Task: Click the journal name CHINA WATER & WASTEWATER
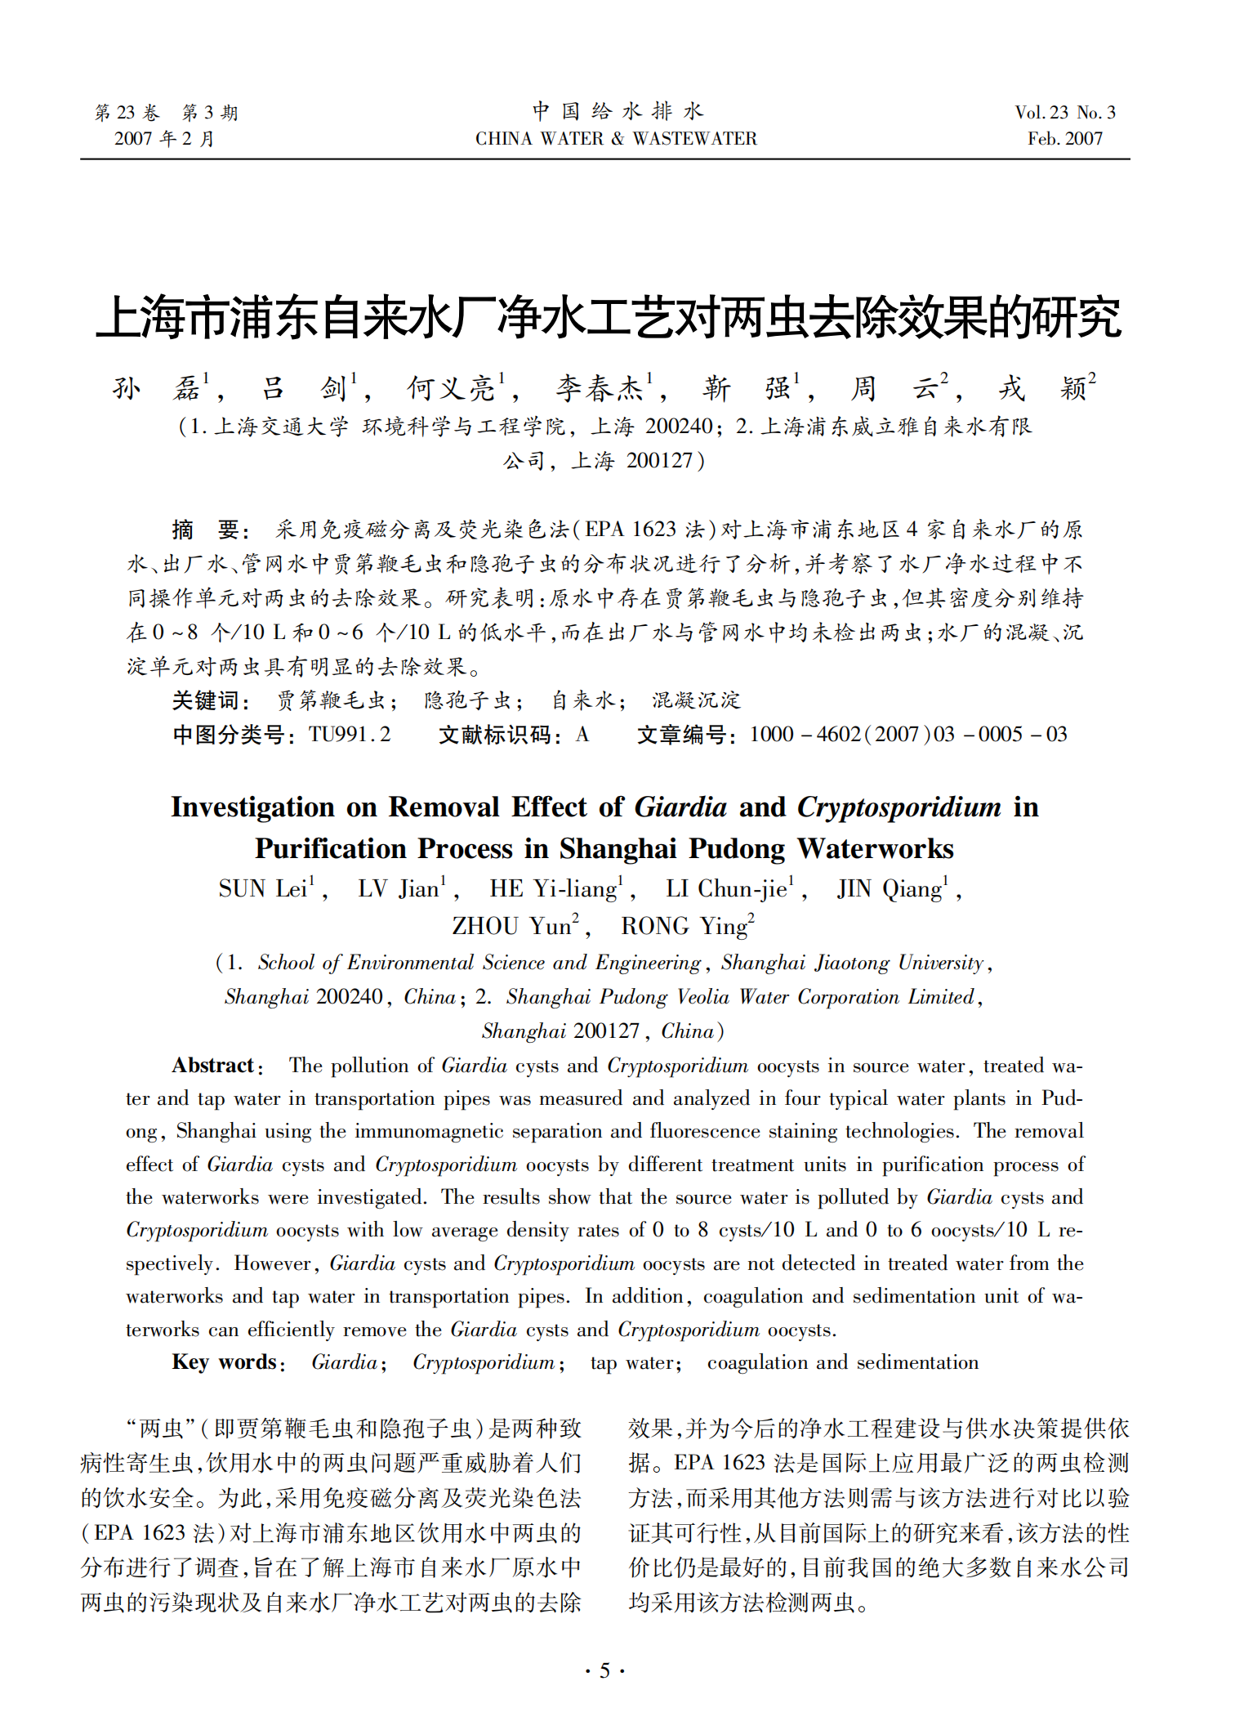point(616,139)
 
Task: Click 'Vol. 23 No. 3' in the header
point(1064,113)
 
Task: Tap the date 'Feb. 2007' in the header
point(1064,139)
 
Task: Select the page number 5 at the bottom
point(604,1670)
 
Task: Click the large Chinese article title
point(609,317)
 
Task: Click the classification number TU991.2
point(350,735)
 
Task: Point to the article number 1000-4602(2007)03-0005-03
point(907,735)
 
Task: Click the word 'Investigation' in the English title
point(252,807)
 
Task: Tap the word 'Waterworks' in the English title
point(876,849)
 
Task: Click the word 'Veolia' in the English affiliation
point(703,997)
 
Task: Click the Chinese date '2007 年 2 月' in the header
point(164,139)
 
